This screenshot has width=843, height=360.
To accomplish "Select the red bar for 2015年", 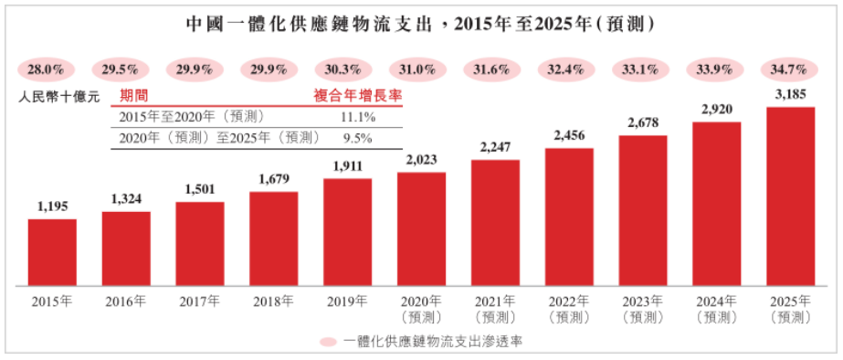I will click(x=52, y=251).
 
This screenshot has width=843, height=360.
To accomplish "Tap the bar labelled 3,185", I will click(x=790, y=196).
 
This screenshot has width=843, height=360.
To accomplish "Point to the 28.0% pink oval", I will click(x=44, y=69).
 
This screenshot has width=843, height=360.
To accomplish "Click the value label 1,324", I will click(x=125, y=200).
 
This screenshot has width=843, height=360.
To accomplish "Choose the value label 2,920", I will click(x=716, y=110).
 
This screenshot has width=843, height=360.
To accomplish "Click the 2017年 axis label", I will click(x=199, y=301).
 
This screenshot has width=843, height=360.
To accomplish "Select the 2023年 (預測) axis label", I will click(x=643, y=308).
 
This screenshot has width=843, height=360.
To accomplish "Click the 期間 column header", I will click(x=135, y=95).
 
